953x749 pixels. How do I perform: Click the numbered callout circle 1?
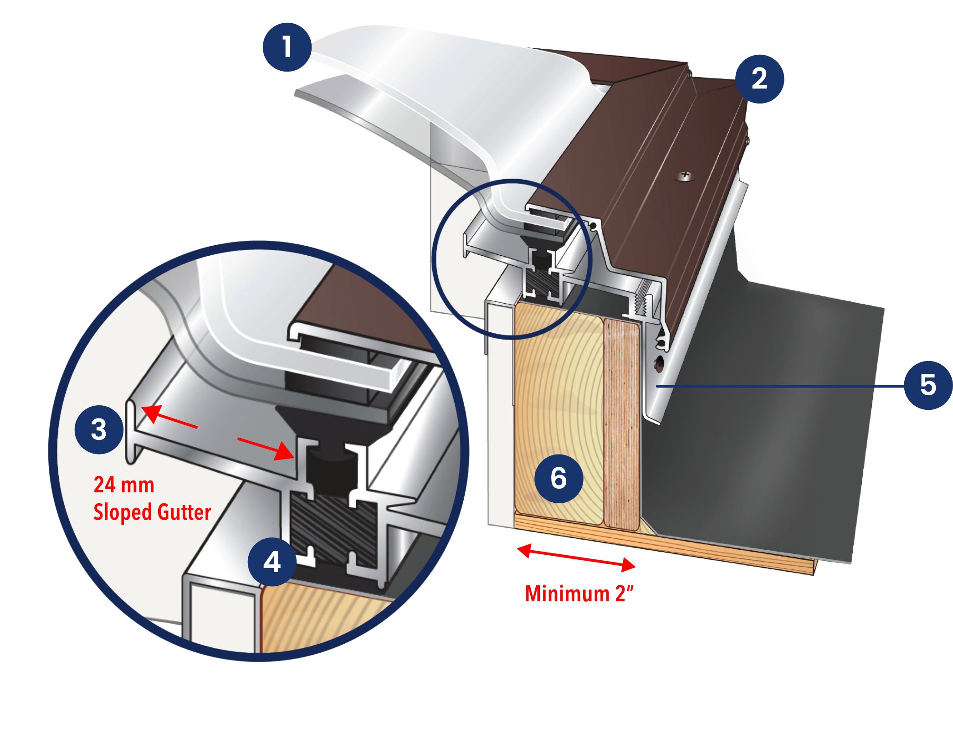pos(287,47)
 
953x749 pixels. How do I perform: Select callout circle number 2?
pos(759,79)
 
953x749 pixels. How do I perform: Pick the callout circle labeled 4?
pos(272,562)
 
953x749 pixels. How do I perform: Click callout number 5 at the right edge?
pos(928,385)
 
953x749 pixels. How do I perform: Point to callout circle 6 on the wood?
pos(558,479)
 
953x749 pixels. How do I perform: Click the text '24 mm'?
pos(124,485)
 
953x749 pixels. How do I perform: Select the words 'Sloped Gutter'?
pos(152,512)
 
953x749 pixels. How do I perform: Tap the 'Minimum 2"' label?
pos(579,594)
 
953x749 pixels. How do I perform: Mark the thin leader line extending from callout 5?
pos(779,386)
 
